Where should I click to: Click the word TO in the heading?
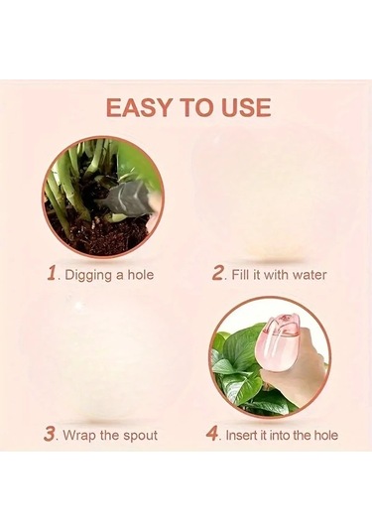pos(196,107)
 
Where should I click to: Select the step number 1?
pos(52,273)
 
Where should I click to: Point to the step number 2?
pos(217,273)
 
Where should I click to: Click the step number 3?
pos(50,434)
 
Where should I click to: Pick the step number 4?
pos(212,434)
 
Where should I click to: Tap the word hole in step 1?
pos(141,274)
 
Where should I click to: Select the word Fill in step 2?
pos(240,274)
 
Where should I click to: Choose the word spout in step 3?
pos(140,436)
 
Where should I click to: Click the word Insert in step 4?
pos(240,435)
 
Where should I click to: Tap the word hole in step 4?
pos(326,435)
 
